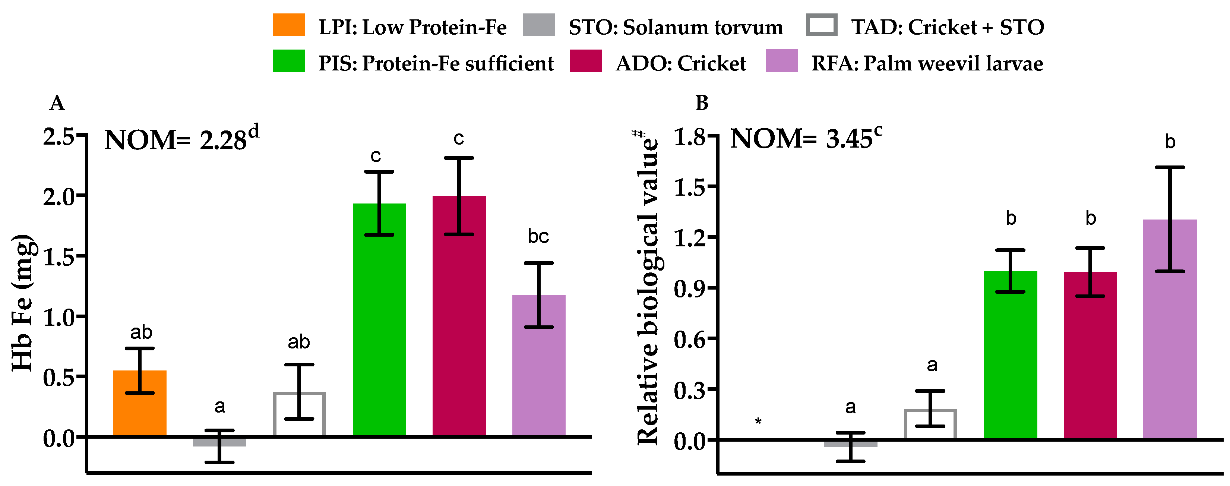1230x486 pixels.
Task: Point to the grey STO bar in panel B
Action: click(x=850, y=444)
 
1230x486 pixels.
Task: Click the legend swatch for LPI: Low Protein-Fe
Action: click(x=288, y=25)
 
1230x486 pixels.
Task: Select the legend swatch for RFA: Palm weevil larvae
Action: click(x=781, y=61)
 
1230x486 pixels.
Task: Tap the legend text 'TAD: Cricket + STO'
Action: click(x=947, y=27)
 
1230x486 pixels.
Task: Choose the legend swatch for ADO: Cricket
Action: click(x=585, y=61)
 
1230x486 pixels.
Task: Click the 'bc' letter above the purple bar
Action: click(x=538, y=236)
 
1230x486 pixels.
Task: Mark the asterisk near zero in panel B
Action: click(x=758, y=422)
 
